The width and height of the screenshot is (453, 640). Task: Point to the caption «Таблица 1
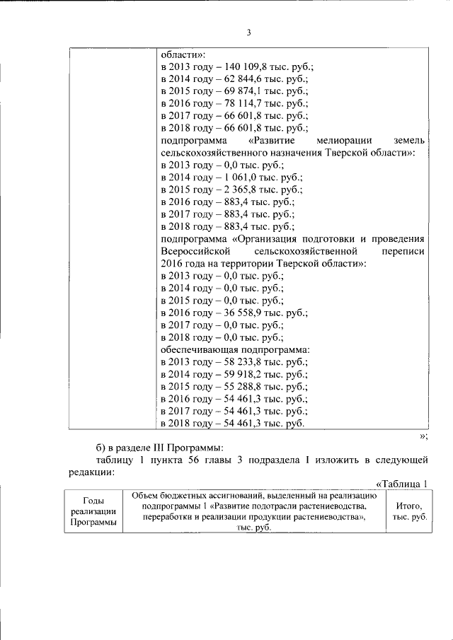(x=401, y=484)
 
